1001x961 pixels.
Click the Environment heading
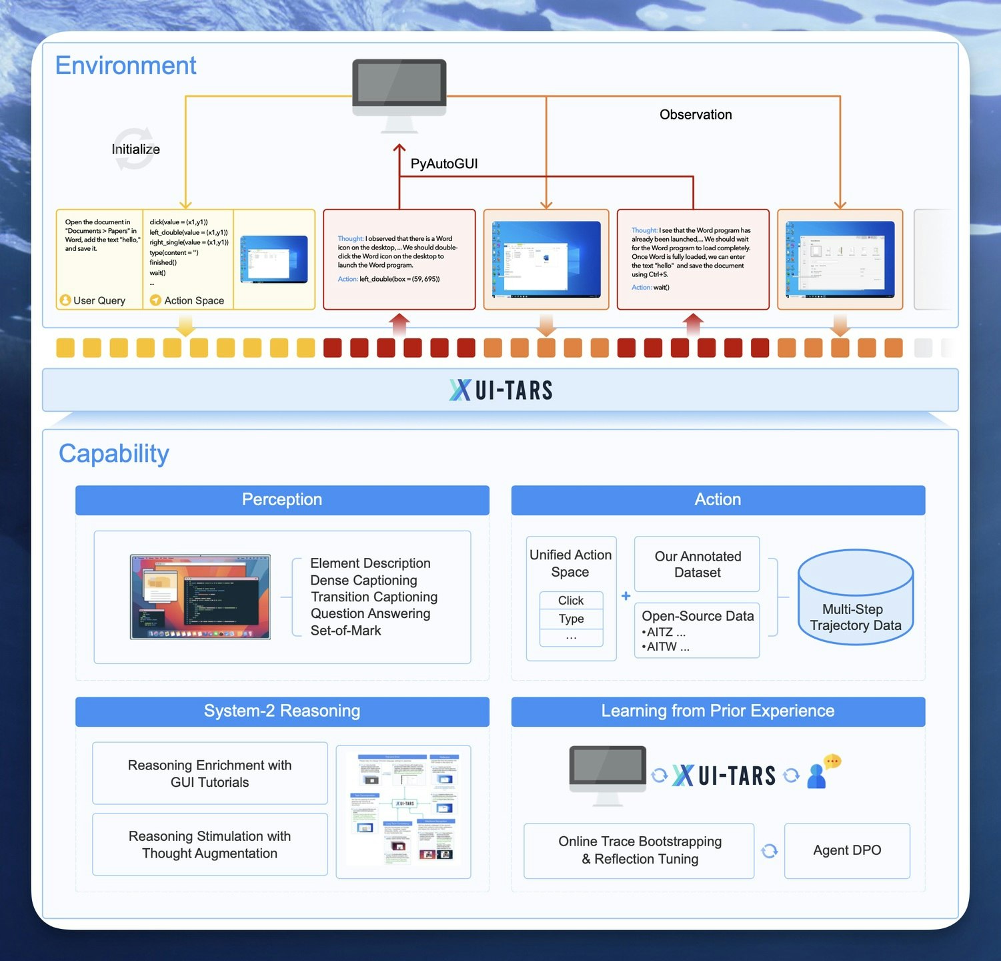click(x=125, y=65)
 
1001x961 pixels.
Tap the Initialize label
click(x=135, y=149)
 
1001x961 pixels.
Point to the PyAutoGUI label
click(x=444, y=164)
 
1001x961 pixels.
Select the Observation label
click(x=696, y=114)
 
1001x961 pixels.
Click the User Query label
click(x=99, y=300)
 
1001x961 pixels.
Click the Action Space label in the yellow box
click(x=193, y=300)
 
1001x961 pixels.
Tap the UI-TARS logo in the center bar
click(x=501, y=390)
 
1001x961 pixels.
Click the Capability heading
click(x=114, y=453)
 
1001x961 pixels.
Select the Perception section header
click(x=282, y=500)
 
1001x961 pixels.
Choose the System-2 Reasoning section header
click(x=282, y=711)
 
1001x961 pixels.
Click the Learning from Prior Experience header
click(x=718, y=711)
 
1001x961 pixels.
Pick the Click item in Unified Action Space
click(x=571, y=600)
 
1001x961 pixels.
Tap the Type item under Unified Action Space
click(x=571, y=619)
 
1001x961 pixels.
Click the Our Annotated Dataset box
click(x=697, y=564)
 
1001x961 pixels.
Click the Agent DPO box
click(x=847, y=850)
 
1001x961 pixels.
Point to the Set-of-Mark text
click(x=345, y=631)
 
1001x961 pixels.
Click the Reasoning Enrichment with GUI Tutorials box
click(x=210, y=773)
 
